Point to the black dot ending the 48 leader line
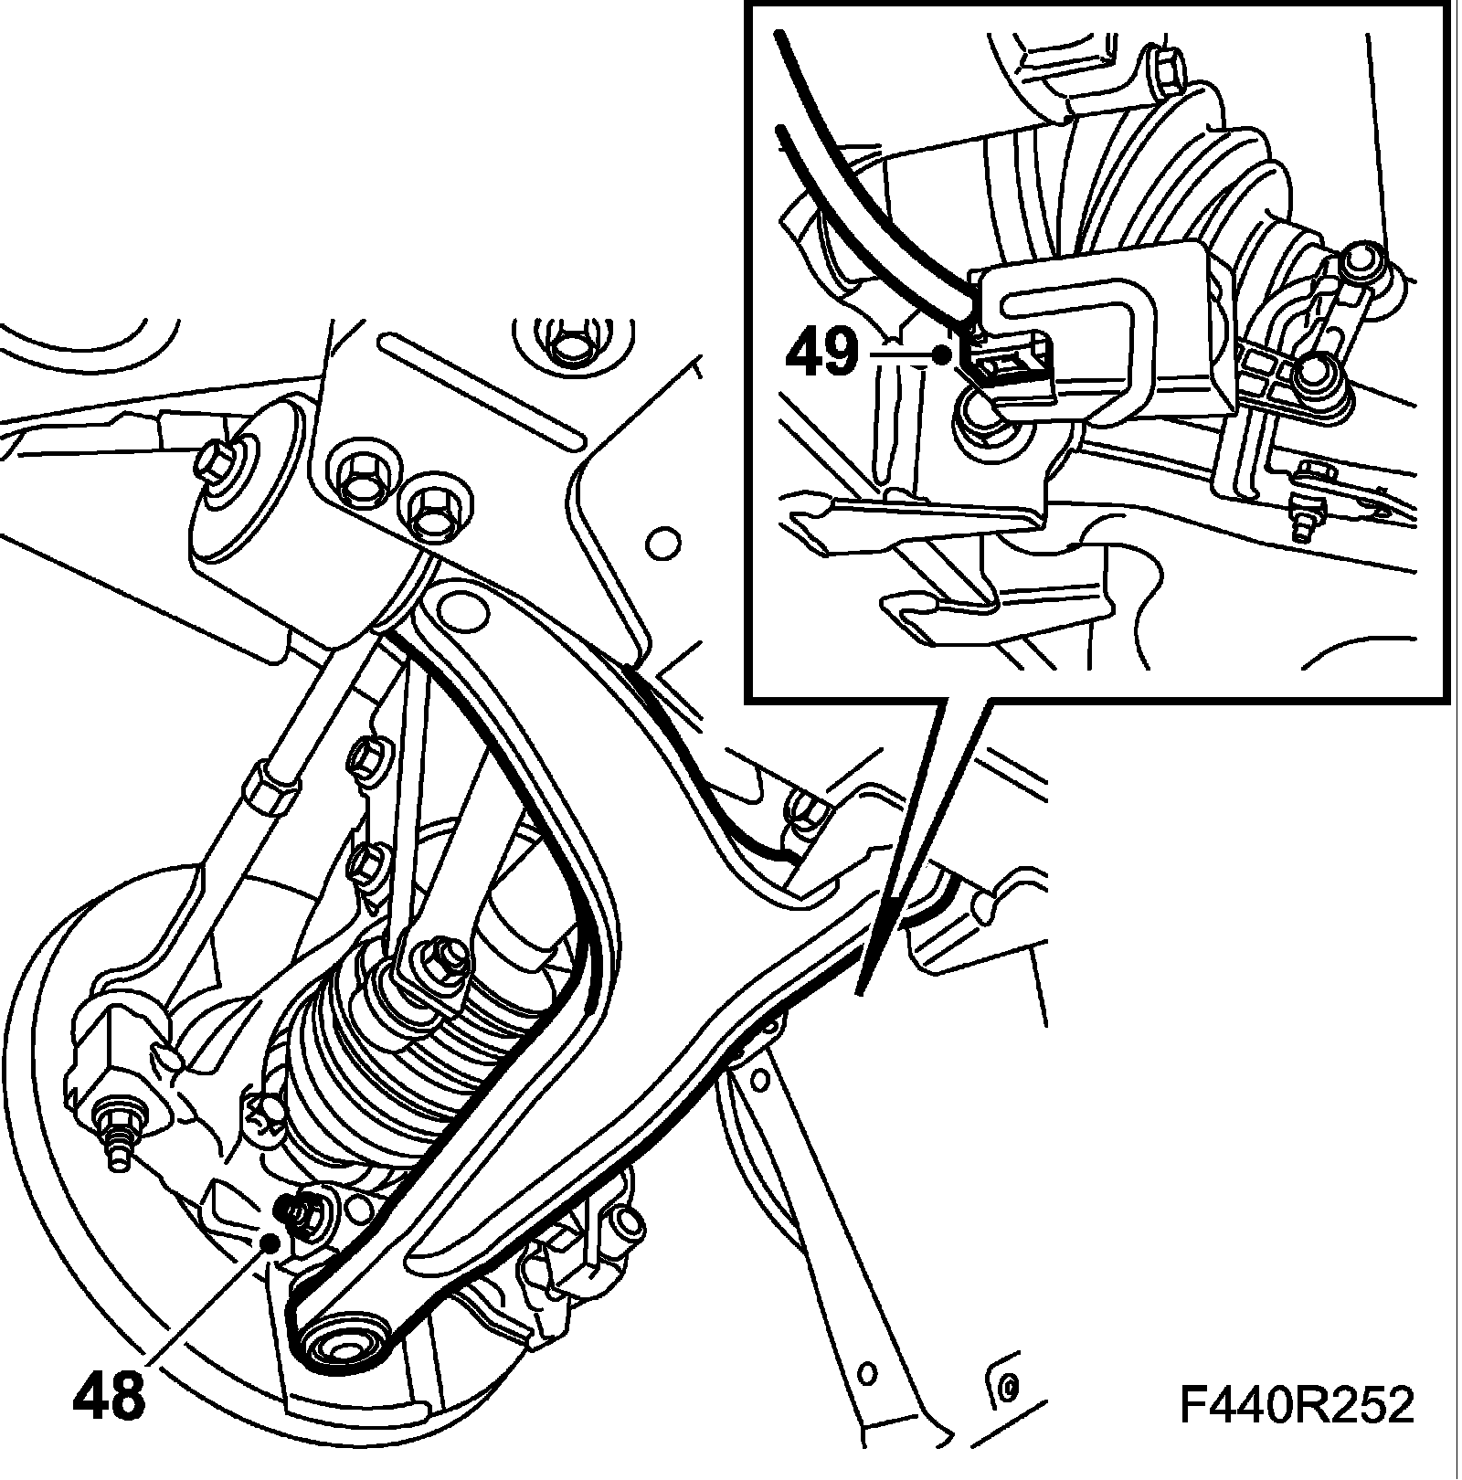coord(270,1240)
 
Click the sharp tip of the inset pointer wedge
coord(858,993)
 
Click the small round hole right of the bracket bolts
coord(662,544)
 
